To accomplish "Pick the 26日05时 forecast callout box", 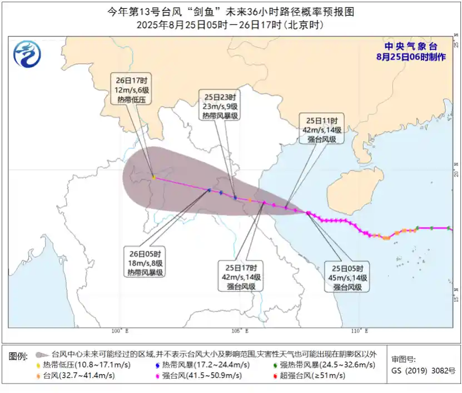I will pyautogui.click(x=146, y=262).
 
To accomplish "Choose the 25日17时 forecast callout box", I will pyautogui.click(x=241, y=276).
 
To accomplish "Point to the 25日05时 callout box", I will pyautogui.click(x=347, y=276).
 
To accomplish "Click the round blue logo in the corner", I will pyautogui.click(x=27, y=54).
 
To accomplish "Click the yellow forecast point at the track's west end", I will pyautogui.click(x=153, y=177).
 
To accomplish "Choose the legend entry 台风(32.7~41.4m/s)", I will pyautogui.click(x=77, y=376).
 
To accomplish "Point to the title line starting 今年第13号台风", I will pyautogui.click(x=230, y=12).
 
